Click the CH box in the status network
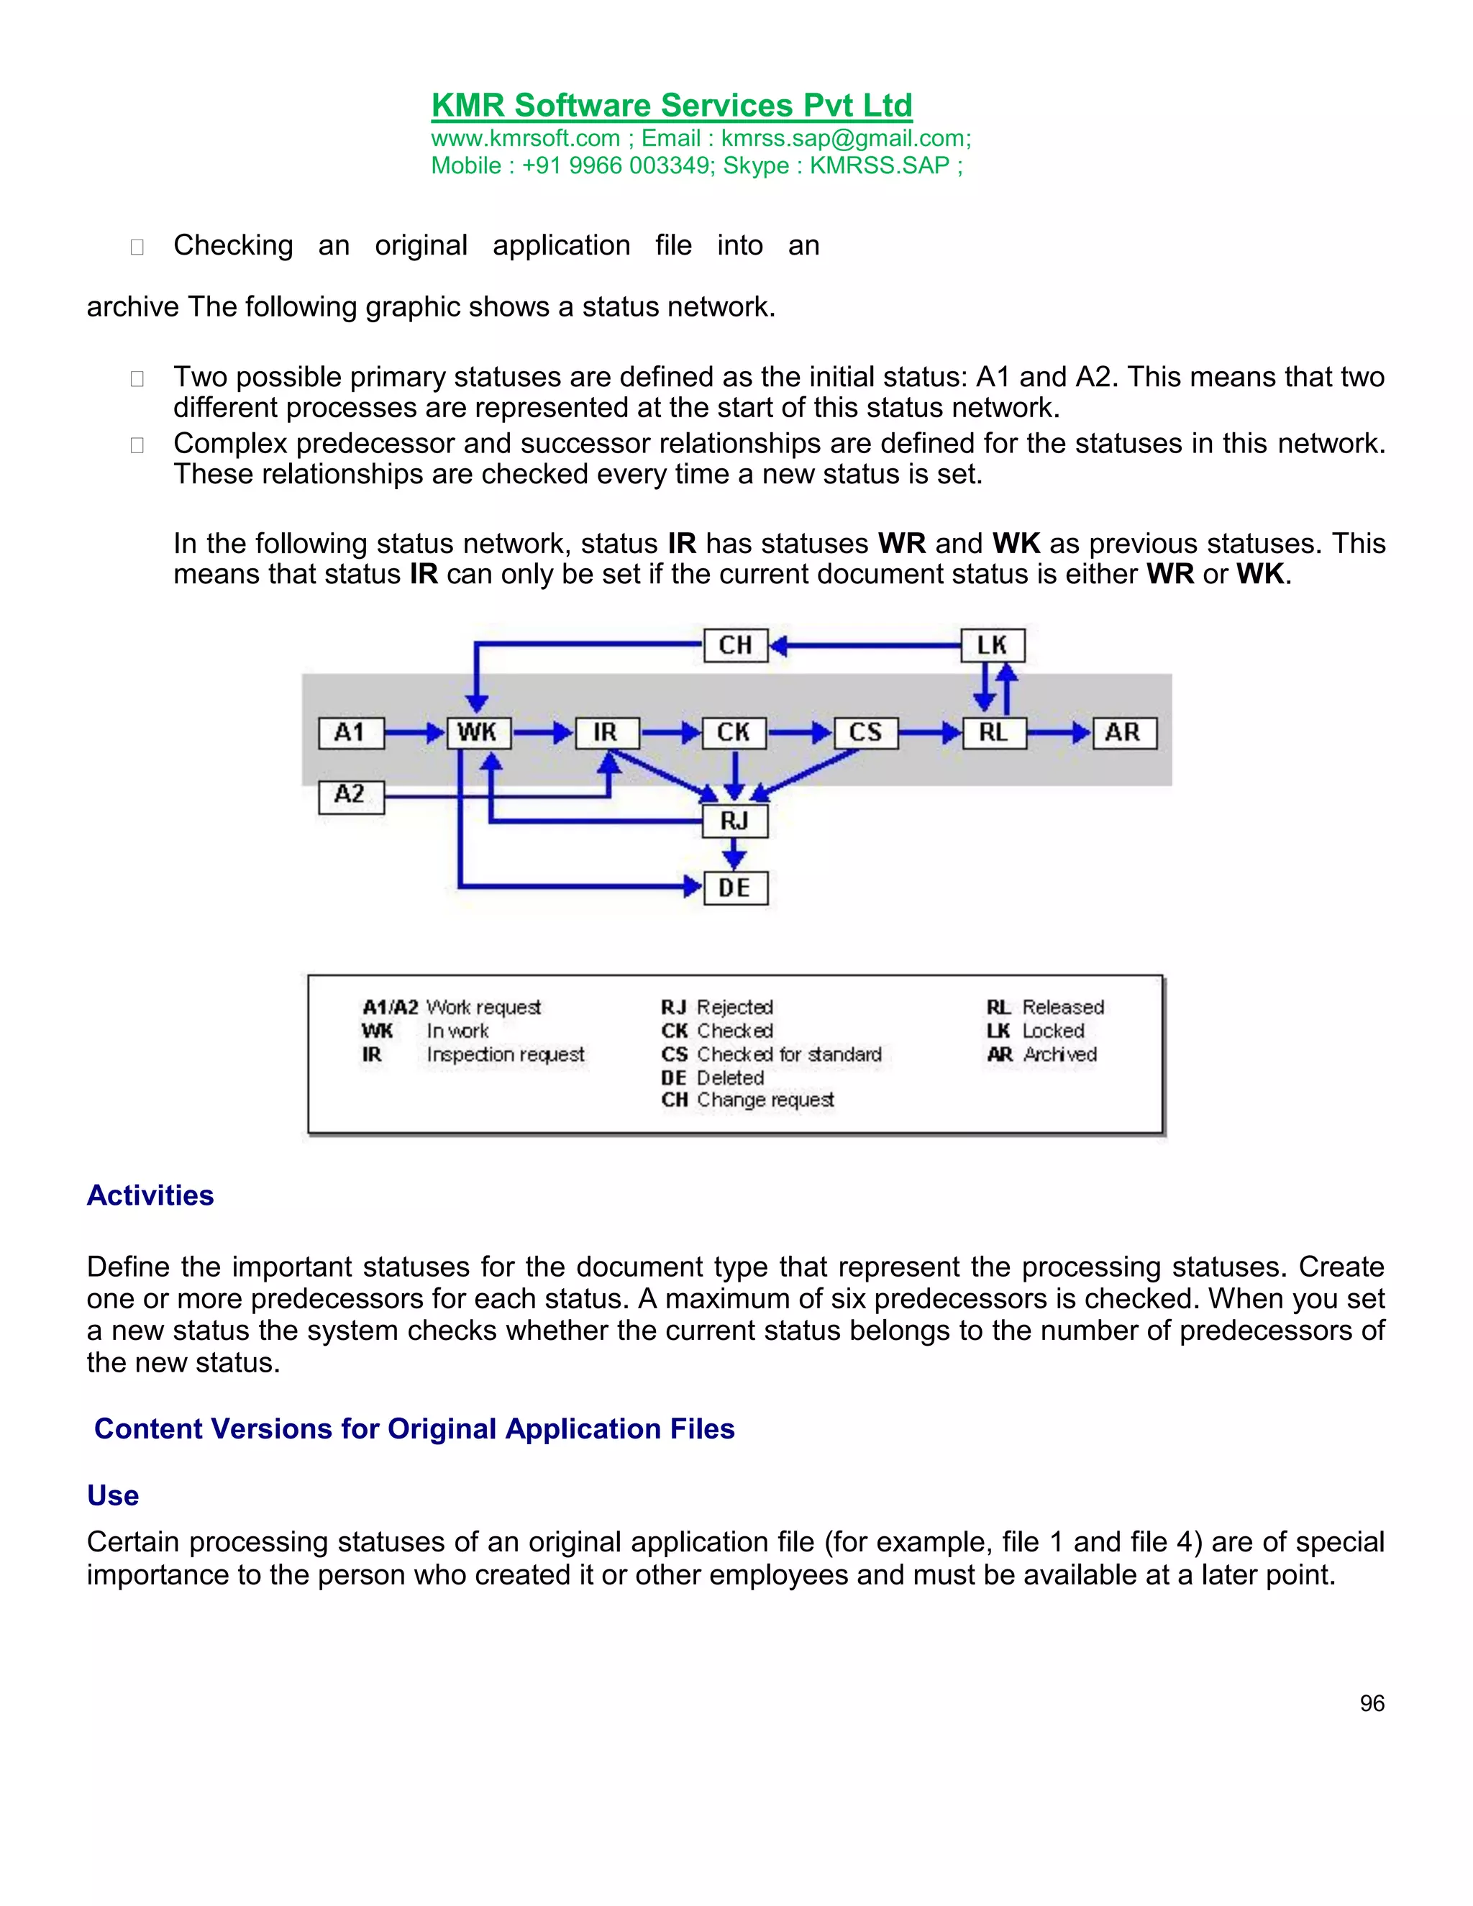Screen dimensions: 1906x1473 [x=735, y=646]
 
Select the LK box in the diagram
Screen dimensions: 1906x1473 [x=992, y=646]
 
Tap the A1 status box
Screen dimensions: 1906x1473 [x=350, y=732]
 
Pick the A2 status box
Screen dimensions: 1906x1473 [x=350, y=795]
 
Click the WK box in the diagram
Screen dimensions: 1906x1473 [x=478, y=732]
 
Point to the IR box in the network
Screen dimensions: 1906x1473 [x=606, y=732]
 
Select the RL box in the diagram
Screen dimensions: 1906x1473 [x=993, y=732]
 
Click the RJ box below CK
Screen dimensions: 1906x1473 [x=735, y=821]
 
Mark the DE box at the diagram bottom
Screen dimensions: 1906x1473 [x=735, y=888]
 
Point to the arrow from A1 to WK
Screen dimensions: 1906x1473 [x=414, y=732]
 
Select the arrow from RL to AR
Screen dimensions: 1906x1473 [x=1059, y=732]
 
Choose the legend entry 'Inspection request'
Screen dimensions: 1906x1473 [x=505, y=1054]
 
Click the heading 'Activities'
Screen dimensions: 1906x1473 [x=150, y=1195]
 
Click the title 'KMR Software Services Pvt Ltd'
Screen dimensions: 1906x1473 [x=672, y=106]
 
